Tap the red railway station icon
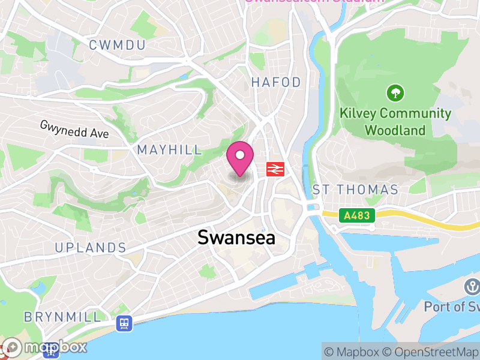click(x=275, y=169)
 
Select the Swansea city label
click(x=236, y=238)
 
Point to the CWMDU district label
click(x=118, y=45)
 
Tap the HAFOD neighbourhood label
click(x=276, y=82)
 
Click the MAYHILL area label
click(x=170, y=150)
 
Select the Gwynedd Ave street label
click(x=74, y=129)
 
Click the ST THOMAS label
click(x=355, y=190)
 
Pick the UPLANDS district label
click(x=91, y=248)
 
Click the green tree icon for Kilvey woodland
click(x=395, y=93)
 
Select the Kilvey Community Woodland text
click(x=395, y=121)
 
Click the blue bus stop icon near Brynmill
click(x=124, y=323)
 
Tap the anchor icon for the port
click(x=470, y=287)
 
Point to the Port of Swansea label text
click(x=451, y=307)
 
